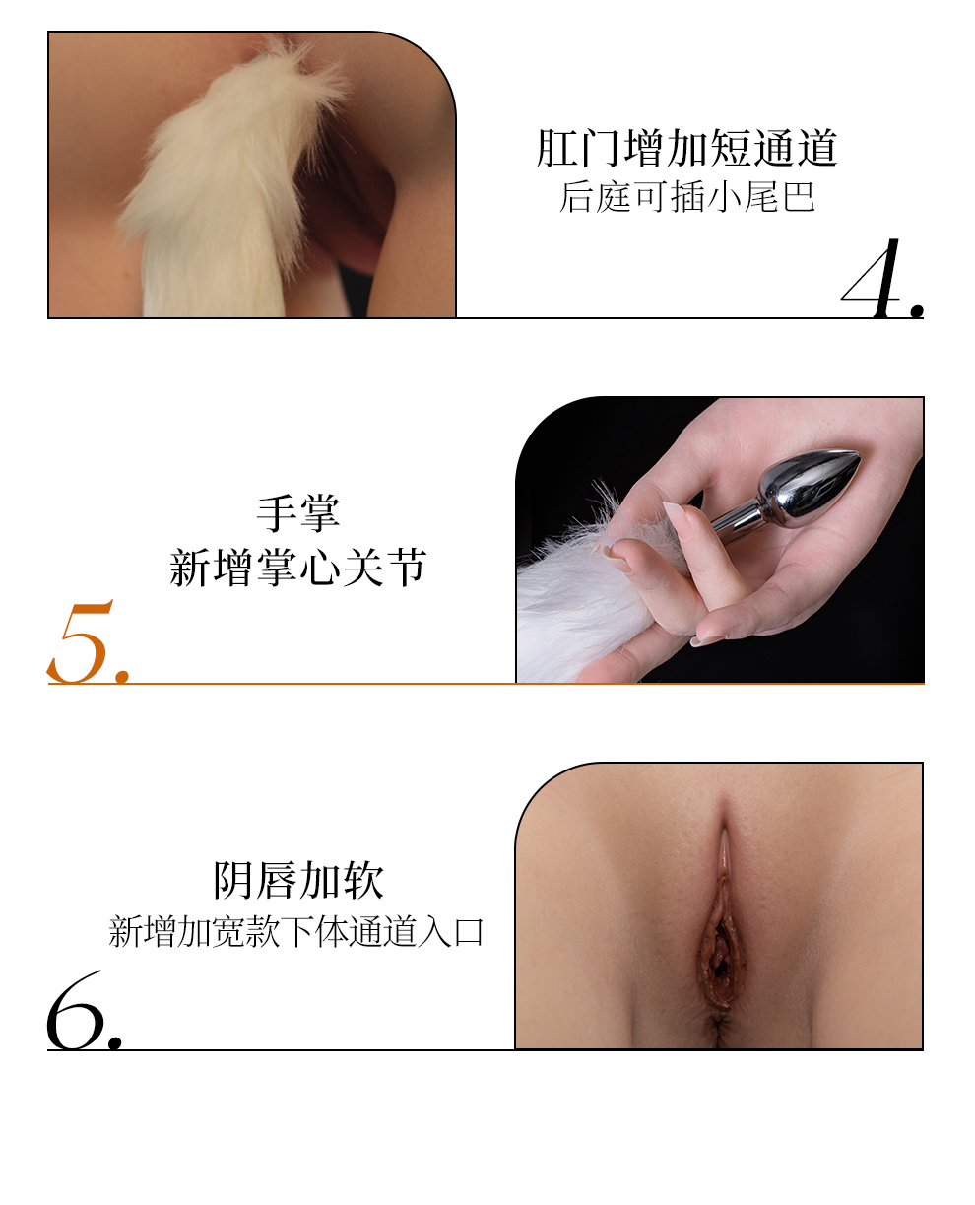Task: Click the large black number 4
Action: (872, 279)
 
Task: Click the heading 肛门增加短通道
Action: (686, 148)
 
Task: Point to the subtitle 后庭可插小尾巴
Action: (687, 197)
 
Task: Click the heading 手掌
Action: (298, 513)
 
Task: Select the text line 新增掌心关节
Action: (297, 568)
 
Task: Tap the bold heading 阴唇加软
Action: (298, 881)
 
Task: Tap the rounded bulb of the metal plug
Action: (809, 486)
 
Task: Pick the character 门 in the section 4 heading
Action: (601, 148)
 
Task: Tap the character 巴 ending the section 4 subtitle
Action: (799, 197)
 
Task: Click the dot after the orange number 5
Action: (122, 676)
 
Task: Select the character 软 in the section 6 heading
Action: (363, 881)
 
